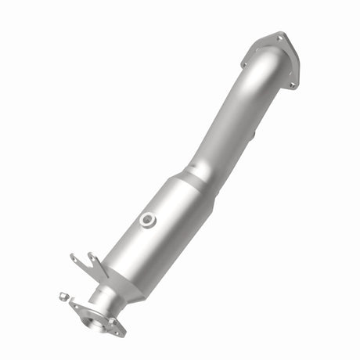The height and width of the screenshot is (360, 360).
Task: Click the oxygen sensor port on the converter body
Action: tap(146, 220)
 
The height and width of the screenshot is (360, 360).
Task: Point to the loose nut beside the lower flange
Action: tap(63, 297)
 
